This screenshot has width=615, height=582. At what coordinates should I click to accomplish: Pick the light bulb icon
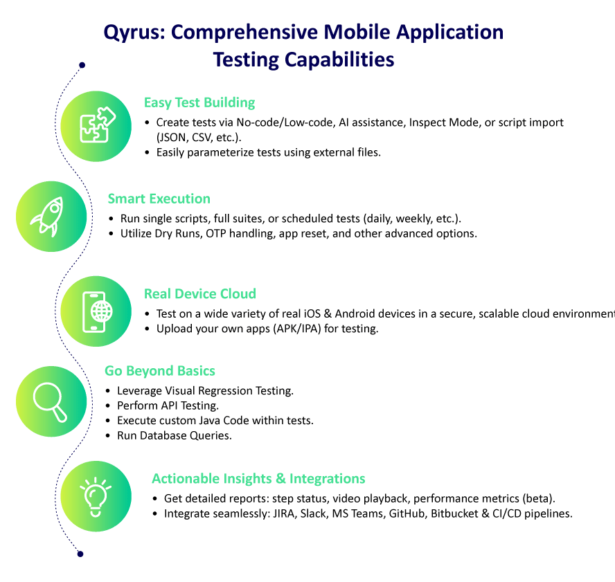[96, 495]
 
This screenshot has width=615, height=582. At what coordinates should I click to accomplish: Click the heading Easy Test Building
[199, 102]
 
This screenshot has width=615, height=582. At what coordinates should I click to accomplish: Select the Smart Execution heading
[159, 199]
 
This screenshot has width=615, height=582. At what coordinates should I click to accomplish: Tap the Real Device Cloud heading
[199, 293]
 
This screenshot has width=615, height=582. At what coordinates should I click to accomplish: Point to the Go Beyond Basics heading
[160, 370]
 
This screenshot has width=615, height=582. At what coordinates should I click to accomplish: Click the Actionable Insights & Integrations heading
[258, 479]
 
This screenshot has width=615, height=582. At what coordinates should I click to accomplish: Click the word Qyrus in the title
[130, 33]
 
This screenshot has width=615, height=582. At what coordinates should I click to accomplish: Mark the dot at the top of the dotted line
[82, 66]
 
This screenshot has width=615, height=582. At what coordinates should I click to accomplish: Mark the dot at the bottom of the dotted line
[80, 554]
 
